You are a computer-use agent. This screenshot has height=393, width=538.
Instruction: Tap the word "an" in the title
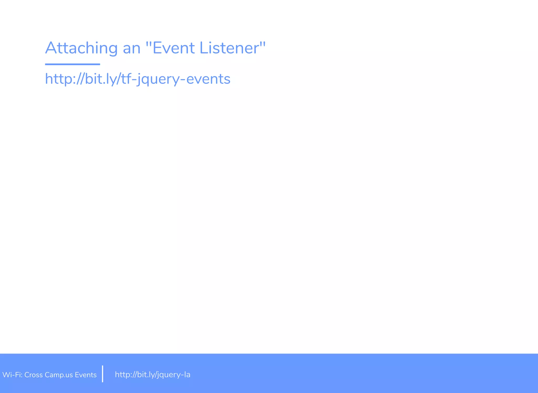[x=132, y=49]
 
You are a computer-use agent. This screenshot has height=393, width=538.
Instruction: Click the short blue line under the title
[x=73, y=64]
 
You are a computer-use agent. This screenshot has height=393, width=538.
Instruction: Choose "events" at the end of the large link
[x=208, y=79]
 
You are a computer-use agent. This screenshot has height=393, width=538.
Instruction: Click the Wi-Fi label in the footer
[x=12, y=375]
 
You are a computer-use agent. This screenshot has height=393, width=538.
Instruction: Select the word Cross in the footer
[x=33, y=375]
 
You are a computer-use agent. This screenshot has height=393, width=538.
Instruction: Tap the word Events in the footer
[x=86, y=375]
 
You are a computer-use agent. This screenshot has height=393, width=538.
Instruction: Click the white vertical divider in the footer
[x=102, y=374]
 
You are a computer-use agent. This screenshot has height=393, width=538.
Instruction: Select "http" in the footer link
[x=122, y=375]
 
